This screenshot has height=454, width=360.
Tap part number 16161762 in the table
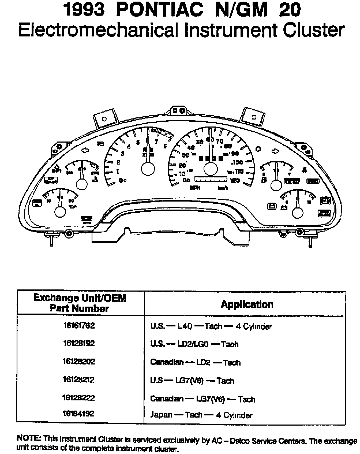point(79,325)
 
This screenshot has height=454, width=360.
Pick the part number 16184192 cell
point(78,414)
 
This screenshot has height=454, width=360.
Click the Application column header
point(247,304)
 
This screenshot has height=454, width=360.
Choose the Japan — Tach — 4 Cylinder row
point(201,415)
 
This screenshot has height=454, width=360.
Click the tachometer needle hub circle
point(148,169)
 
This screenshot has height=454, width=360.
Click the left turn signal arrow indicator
point(85,151)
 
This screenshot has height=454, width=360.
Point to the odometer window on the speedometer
point(211,179)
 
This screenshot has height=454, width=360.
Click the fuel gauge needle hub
point(277,185)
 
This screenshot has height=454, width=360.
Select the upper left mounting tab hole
point(104,119)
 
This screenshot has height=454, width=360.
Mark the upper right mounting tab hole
point(254,117)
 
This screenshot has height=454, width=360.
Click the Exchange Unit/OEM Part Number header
point(80,303)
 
